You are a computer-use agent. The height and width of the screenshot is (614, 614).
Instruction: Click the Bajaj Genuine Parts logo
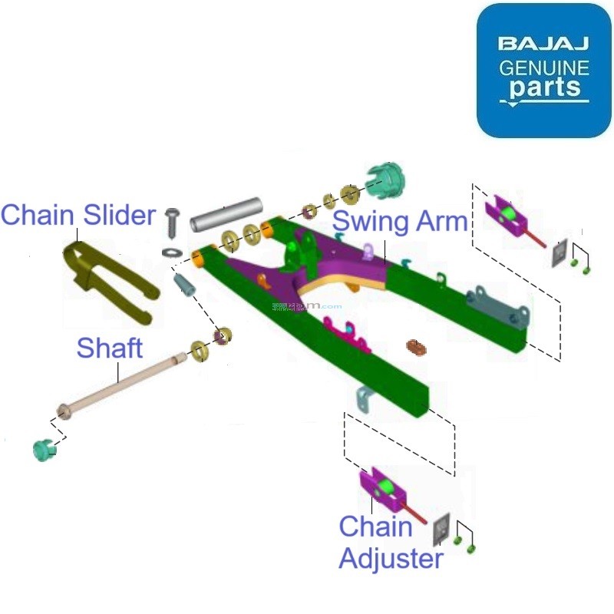[544, 71]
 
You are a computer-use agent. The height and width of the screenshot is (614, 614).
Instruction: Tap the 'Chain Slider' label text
[78, 214]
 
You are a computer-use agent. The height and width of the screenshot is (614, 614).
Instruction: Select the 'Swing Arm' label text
[400, 221]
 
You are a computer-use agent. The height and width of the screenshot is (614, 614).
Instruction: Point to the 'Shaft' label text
[109, 348]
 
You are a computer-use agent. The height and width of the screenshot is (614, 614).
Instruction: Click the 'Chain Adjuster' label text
[391, 543]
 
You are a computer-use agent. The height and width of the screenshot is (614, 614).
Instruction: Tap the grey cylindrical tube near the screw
[226, 216]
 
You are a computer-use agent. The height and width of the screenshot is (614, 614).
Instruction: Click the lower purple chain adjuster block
[383, 489]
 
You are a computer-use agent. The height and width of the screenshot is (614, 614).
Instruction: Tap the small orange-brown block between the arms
[416, 346]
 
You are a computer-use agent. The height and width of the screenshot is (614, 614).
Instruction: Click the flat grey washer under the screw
[172, 252]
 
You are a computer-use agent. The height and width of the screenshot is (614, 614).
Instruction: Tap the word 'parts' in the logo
[544, 87]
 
